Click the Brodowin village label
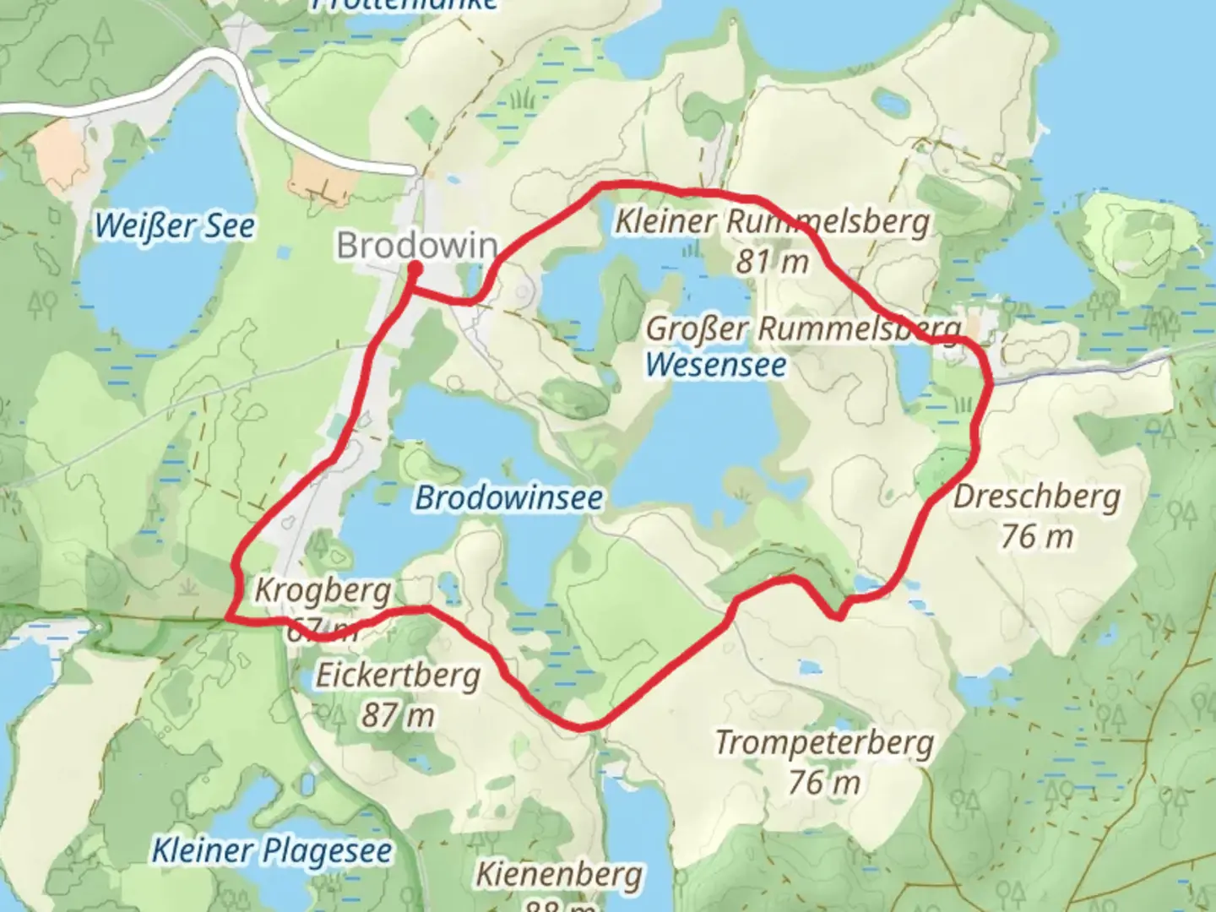point(417,246)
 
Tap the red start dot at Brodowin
point(415,269)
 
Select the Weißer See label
point(174,226)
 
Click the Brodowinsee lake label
point(508,498)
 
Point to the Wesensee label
point(716,366)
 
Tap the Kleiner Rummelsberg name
point(772,222)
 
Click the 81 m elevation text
point(772,263)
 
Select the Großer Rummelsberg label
point(803,328)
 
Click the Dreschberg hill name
point(1037,497)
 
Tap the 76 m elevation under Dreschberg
point(1037,536)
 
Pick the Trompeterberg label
point(824,743)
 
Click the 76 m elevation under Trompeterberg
point(824,783)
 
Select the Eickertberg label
point(398,676)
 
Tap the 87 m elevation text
point(398,716)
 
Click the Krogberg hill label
point(323,590)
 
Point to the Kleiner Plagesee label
point(272,850)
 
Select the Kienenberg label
point(559,874)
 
